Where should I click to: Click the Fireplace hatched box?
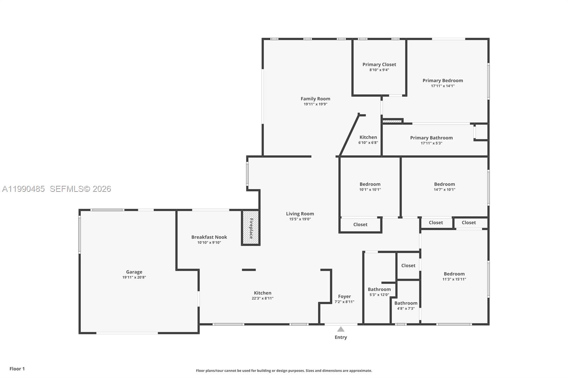point(251,228)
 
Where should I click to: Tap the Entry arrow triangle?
point(341,329)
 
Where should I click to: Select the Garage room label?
point(134,272)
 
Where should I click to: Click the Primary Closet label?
point(379,65)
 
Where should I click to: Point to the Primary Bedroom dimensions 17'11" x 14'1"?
point(443,86)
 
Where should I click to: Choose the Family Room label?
point(315,99)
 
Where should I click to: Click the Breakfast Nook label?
point(209,237)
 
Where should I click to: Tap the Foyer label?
point(344,296)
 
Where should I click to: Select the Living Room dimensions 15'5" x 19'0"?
point(300,219)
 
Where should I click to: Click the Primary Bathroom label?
point(431,138)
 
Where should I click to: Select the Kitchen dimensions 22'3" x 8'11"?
point(263,299)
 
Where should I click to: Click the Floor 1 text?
point(17,369)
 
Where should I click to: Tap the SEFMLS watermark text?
point(80,189)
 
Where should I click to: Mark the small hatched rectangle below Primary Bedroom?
point(392,121)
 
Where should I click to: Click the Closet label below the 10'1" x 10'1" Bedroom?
point(360,224)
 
